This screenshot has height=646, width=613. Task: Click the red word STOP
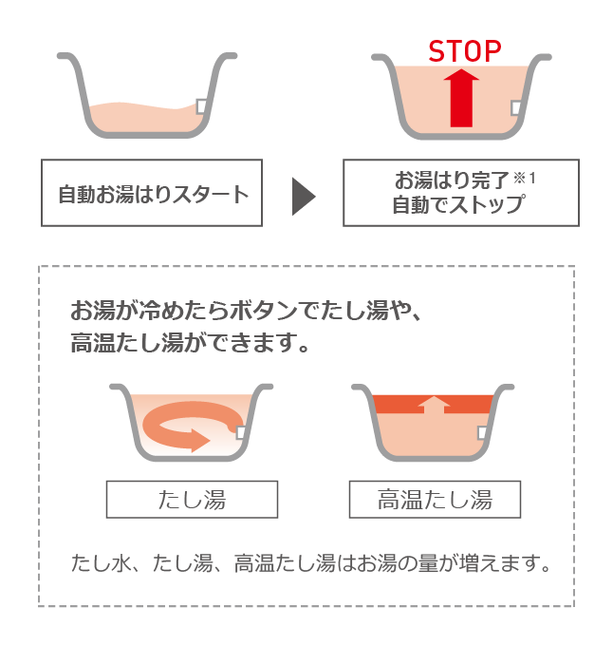coord(465,51)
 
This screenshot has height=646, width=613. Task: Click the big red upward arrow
coord(461,98)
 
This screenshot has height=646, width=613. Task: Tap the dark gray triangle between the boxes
coord(304,197)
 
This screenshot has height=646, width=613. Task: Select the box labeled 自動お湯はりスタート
coord(152,193)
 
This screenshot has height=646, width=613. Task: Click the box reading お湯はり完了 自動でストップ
coord(461,193)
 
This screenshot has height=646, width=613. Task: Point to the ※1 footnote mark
coord(524,179)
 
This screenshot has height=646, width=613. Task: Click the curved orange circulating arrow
coord(192,426)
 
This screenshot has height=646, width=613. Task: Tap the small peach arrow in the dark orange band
coord(434,405)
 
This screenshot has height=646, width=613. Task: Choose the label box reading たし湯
coord(192,500)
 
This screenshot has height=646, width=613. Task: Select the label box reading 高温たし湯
coord(435,500)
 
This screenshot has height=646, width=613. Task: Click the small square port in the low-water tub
coord(201,106)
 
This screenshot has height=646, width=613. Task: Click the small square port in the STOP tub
coord(515,108)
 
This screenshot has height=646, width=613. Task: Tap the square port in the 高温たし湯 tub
coord(482,432)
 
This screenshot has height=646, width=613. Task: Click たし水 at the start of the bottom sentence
coord(102,563)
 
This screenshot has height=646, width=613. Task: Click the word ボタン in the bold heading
coord(264,311)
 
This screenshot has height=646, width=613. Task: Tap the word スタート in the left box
coord(211,195)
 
